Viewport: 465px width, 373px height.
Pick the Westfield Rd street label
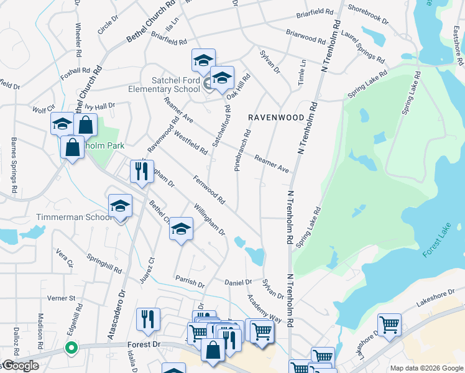pyautogui.click(x=191, y=142)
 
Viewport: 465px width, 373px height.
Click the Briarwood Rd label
pyautogui.click(x=305, y=37)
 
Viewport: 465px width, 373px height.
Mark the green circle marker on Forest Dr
pyautogui.click(x=71, y=348)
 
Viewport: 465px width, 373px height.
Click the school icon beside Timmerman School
pyautogui.click(x=120, y=206)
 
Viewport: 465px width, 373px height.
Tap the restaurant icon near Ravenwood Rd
pyautogui.click(x=142, y=171)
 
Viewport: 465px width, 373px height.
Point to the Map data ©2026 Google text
pyautogui.click(x=426, y=368)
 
